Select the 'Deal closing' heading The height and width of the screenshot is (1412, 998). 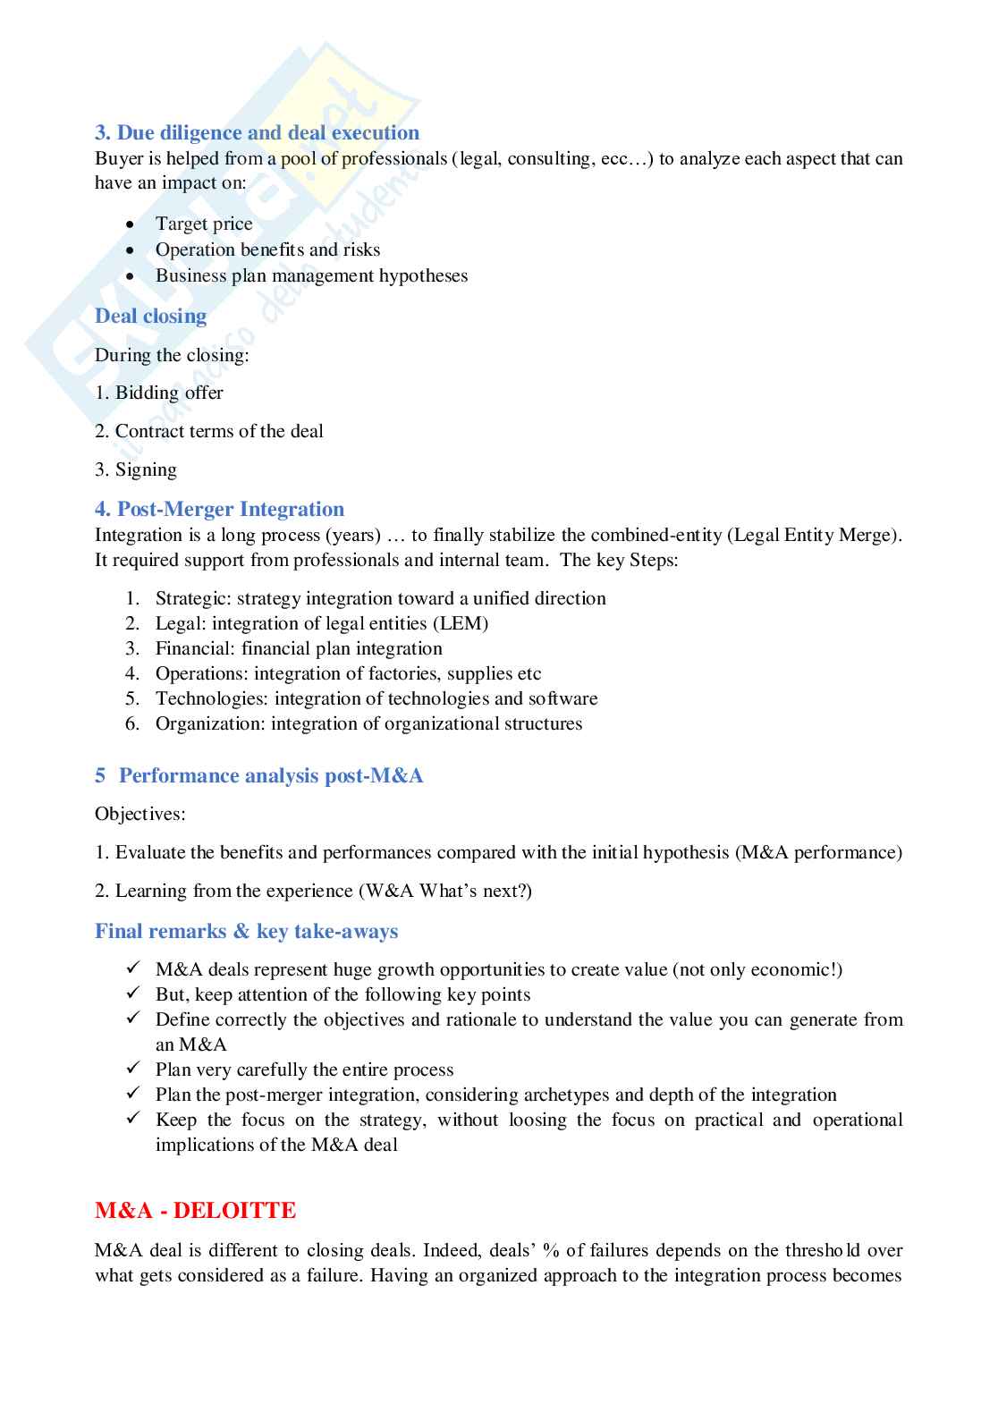[x=150, y=317]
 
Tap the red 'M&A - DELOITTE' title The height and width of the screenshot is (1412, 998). [x=195, y=1211]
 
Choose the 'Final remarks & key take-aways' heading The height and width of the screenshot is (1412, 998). [x=246, y=932]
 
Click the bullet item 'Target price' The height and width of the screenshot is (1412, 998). [x=204, y=224]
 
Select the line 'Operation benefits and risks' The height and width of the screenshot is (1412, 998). [x=267, y=250]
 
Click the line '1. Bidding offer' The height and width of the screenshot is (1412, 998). [x=159, y=393]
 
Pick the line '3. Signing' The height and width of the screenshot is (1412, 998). [x=136, y=470]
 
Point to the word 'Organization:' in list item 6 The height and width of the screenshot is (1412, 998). [x=210, y=724]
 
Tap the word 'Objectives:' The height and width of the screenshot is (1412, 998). [x=140, y=815]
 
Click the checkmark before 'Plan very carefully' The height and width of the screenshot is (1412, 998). [x=133, y=1070]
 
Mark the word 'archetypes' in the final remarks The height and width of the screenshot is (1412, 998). [x=566, y=1095]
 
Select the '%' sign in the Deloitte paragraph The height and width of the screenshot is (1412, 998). [x=551, y=1251]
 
